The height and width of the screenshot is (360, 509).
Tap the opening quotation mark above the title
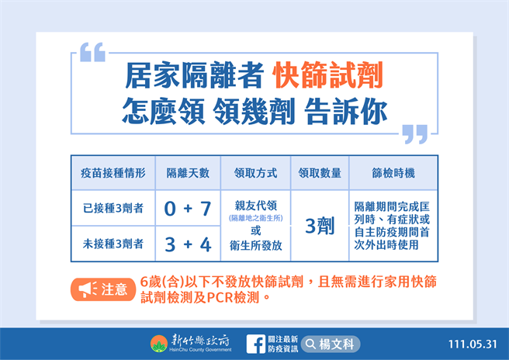pyautogui.click(x=92, y=52)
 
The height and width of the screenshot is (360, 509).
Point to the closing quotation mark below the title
pyautogui.click(x=416, y=133)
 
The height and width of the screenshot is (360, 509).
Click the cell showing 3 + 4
pyautogui.click(x=187, y=244)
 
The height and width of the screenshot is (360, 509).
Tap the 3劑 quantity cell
pyautogui.click(x=320, y=226)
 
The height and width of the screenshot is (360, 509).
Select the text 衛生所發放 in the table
pyautogui.click(x=255, y=245)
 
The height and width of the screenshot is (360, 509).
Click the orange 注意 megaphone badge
pyautogui.click(x=101, y=289)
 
